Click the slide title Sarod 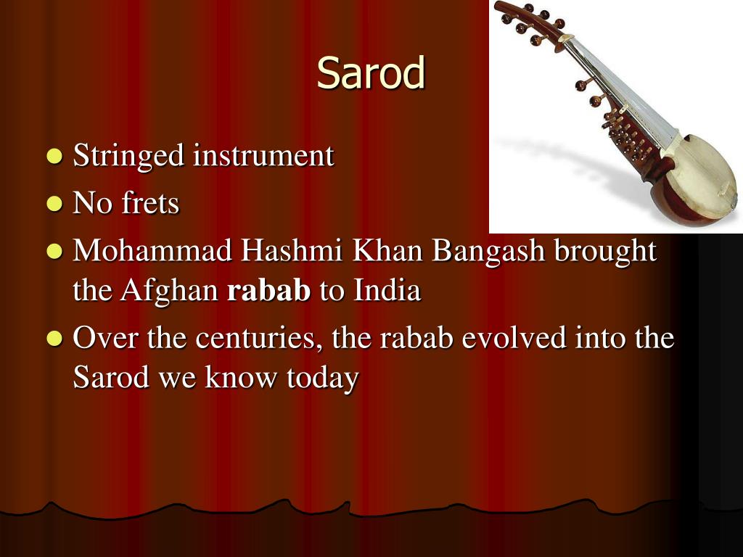point(371,74)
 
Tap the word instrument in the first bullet point(263,156)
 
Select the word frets point(150,204)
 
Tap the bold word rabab point(269,291)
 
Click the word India point(387,291)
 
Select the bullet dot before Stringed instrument point(54,156)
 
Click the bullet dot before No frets point(54,204)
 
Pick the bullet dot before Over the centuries point(54,339)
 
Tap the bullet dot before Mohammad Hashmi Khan point(54,252)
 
